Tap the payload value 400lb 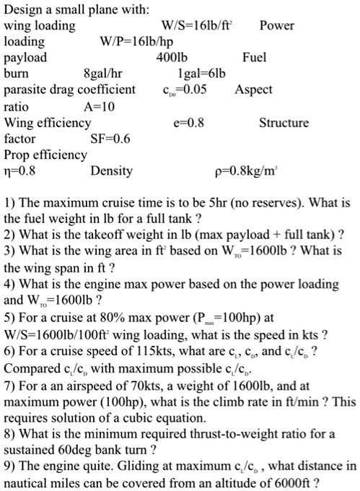point(171,58)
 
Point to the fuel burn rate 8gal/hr point(104,74)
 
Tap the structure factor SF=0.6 point(110,138)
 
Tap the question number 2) point(10,236)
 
